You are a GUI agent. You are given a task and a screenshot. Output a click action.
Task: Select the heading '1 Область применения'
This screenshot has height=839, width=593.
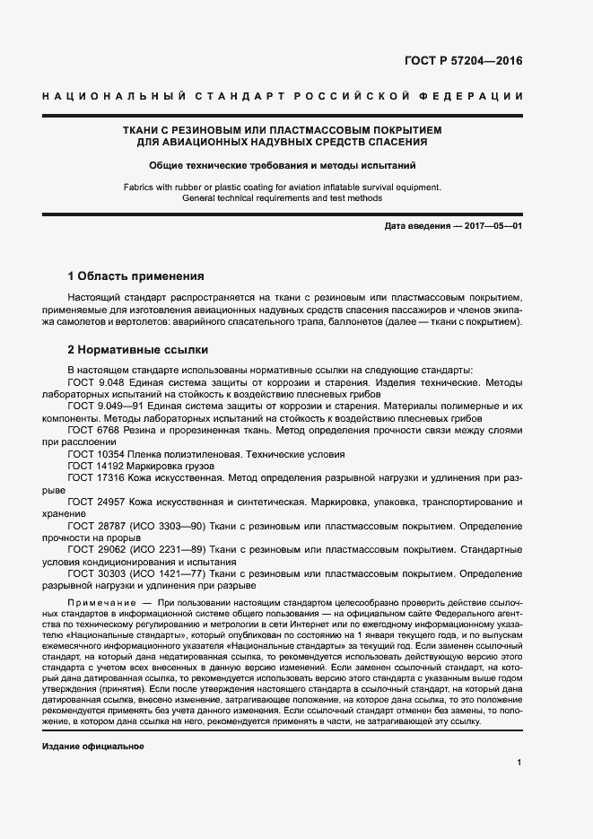[x=136, y=275]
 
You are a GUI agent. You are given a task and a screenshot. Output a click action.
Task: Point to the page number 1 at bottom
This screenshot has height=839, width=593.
[x=519, y=763]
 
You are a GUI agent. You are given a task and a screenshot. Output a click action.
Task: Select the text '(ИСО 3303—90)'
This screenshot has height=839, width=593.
[x=164, y=527]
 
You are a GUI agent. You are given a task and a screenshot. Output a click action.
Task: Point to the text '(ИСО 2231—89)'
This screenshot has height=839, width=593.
[x=164, y=550]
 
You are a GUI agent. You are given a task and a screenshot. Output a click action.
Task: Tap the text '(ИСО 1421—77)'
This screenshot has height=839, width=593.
[x=164, y=573]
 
